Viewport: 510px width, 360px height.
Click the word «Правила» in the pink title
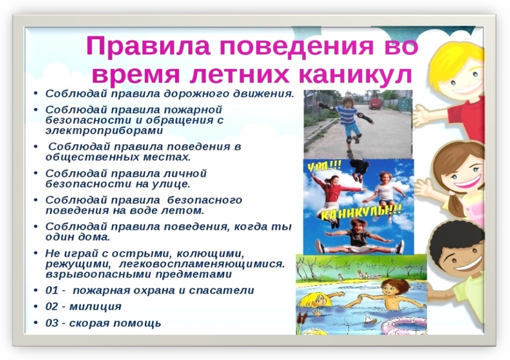[x=149, y=46]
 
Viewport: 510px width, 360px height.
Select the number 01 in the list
[x=52, y=290]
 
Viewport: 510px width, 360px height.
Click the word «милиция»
[x=95, y=307]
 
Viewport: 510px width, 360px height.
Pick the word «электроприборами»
[x=104, y=131]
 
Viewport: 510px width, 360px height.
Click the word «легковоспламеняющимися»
[x=202, y=264]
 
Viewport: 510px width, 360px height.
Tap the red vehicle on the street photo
[x=375, y=104]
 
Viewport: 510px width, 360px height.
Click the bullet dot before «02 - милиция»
[x=36, y=306]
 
